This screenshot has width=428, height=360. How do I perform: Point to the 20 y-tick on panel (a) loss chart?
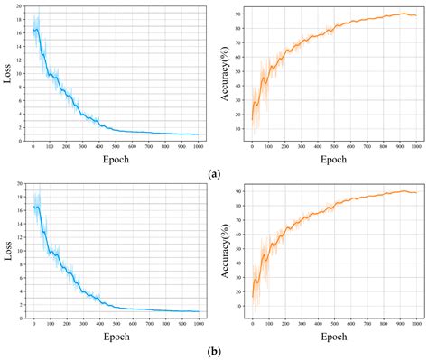tap(20, 7)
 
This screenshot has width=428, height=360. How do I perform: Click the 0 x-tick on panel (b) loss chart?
tap(33, 323)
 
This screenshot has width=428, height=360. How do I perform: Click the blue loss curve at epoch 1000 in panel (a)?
tap(197, 134)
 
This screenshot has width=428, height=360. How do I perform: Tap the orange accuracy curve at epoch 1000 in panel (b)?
tap(414, 192)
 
